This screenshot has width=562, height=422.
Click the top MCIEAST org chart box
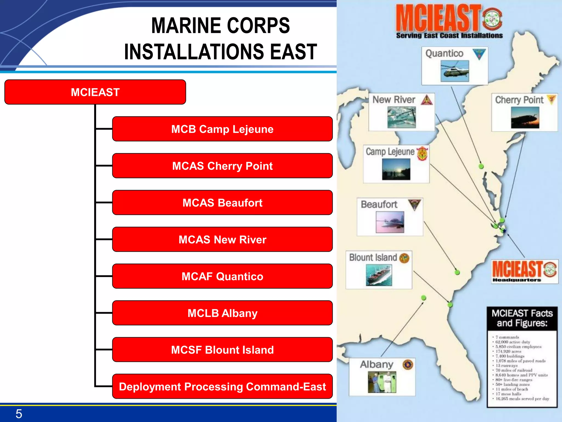[x=95, y=92]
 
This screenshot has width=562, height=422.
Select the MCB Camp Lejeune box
[x=222, y=129]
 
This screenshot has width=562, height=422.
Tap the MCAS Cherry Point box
[x=222, y=166]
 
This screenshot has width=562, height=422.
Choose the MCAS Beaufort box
[x=222, y=202]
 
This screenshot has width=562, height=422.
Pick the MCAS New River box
[x=222, y=239]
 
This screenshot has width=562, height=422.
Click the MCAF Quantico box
[x=222, y=276]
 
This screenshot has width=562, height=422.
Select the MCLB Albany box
[x=222, y=313]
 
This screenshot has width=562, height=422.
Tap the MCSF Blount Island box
[x=222, y=350]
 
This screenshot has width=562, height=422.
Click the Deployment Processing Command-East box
[x=222, y=386]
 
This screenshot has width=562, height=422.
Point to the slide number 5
[x=19, y=414]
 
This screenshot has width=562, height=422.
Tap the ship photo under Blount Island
[x=379, y=275]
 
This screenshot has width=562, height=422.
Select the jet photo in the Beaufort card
[x=390, y=222]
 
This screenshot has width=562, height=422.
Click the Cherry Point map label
[x=519, y=100]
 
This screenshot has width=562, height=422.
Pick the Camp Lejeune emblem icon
[x=422, y=153]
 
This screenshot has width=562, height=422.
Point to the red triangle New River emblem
[x=427, y=100]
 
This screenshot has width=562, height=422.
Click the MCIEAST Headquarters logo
[x=524, y=271]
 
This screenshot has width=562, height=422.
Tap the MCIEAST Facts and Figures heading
[x=522, y=318]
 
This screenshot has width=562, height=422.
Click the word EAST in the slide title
[x=293, y=52]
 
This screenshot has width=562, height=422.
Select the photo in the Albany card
[x=382, y=382]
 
